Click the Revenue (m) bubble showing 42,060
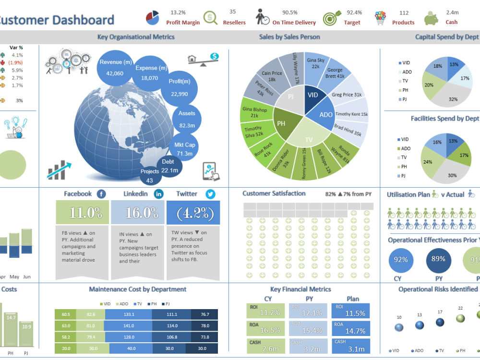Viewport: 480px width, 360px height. pyautogui.click(x=115, y=68)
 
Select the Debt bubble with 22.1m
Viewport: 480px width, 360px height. pyautogui.click(x=168, y=167)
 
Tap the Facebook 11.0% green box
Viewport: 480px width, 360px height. pyautogui.click(x=82, y=213)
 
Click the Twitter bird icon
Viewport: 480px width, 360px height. pyautogui.click(x=210, y=194)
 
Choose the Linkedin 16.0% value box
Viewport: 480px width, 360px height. pyautogui.click(x=138, y=213)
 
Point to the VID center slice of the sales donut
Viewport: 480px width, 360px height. pyautogui.click(x=312, y=96)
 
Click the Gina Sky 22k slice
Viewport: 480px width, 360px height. pyautogui.click(x=315, y=64)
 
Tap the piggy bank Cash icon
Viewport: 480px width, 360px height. pyautogui.click(x=431, y=18)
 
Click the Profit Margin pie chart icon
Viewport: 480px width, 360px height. pyautogui.click(x=153, y=18)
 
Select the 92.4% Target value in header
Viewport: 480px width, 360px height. pyautogui.click(x=354, y=12)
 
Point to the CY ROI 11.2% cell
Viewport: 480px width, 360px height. pyautogui.click(x=265, y=311)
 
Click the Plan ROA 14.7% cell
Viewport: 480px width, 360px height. pyautogui.click(x=350, y=328)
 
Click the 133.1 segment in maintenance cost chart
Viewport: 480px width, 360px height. pyautogui.click(x=128, y=314)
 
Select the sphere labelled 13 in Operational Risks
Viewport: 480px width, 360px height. pyautogui.click(x=420, y=325)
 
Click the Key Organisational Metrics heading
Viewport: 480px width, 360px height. pyautogui.click(x=136, y=36)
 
